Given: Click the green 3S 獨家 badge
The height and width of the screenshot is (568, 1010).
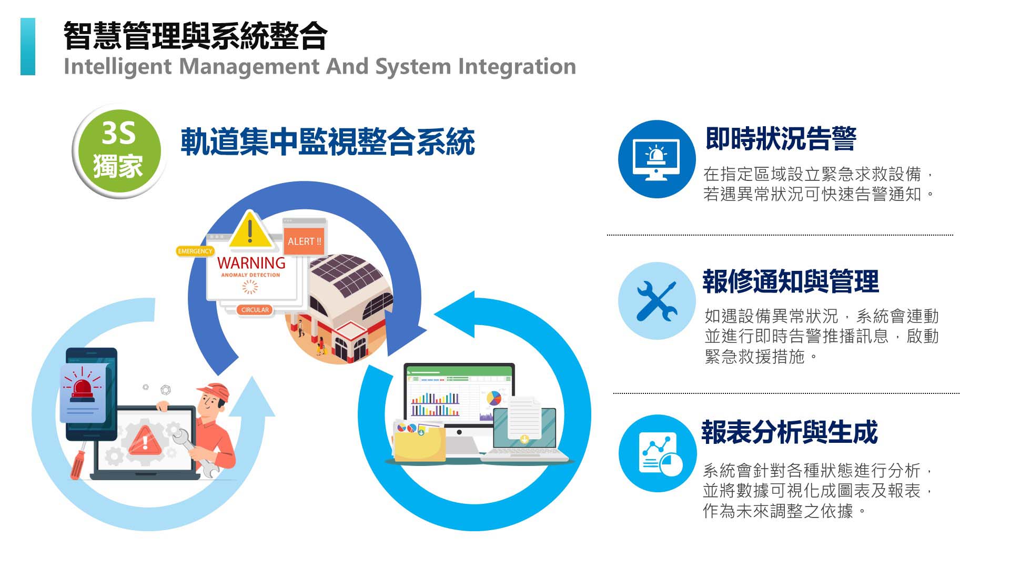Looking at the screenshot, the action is click(x=118, y=151).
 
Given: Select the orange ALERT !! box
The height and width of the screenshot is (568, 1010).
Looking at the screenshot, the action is click(x=304, y=241).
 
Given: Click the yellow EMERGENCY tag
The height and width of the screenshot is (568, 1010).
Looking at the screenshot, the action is click(x=195, y=251).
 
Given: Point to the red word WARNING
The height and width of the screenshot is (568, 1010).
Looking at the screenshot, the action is click(x=251, y=263).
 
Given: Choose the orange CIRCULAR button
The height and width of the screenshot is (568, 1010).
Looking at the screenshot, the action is click(x=255, y=310).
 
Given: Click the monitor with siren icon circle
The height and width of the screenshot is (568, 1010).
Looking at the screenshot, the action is click(x=656, y=159).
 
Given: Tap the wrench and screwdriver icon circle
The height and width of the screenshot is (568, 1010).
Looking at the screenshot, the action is click(x=656, y=301).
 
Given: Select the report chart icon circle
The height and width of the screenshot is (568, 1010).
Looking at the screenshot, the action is click(x=658, y=453).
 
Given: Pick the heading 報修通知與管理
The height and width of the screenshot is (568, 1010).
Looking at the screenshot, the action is click(x=790, y=281).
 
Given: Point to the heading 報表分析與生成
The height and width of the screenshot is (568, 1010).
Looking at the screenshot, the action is click(x=789, y=433).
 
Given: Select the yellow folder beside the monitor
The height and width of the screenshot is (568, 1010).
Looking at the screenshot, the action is click(x=418, y=444).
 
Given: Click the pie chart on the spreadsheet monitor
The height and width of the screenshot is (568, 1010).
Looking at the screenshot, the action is click(x=493, y=398).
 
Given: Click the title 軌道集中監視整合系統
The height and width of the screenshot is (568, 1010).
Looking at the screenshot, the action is click(x=327, y=142).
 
